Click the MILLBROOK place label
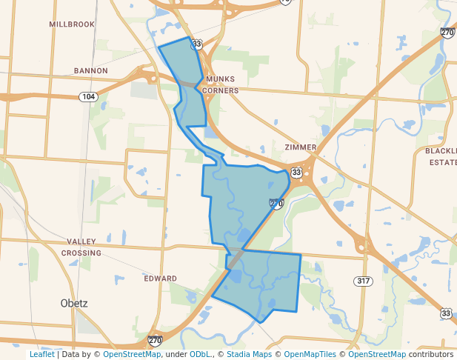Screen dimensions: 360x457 72,24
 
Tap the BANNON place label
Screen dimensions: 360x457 90,71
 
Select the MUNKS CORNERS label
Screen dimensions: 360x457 221,84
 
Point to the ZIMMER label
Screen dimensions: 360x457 300,147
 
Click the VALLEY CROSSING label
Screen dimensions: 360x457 81,247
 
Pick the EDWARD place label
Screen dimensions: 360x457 160,279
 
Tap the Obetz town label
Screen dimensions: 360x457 74,304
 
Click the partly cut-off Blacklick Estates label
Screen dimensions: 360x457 441,156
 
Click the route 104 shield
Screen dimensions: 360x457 88,97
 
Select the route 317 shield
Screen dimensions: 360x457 363,281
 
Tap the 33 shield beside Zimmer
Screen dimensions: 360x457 296,173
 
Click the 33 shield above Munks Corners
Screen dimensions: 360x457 196,44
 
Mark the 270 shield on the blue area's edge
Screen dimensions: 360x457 276,203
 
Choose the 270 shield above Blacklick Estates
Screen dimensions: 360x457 447,33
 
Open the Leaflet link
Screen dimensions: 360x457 41,355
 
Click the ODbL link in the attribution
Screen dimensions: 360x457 200,355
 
